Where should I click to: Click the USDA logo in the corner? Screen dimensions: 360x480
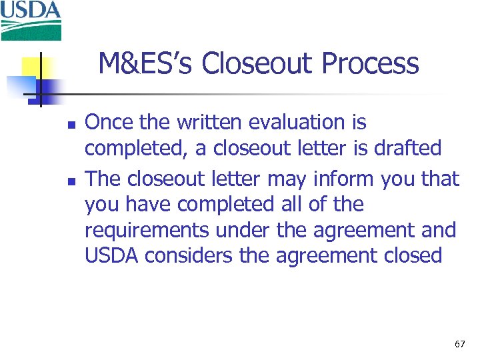(31, 20)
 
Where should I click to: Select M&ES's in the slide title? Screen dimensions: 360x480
(146, 65)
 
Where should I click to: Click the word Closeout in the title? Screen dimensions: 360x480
(257, 65)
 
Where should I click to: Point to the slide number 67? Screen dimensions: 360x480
(459, 344)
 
